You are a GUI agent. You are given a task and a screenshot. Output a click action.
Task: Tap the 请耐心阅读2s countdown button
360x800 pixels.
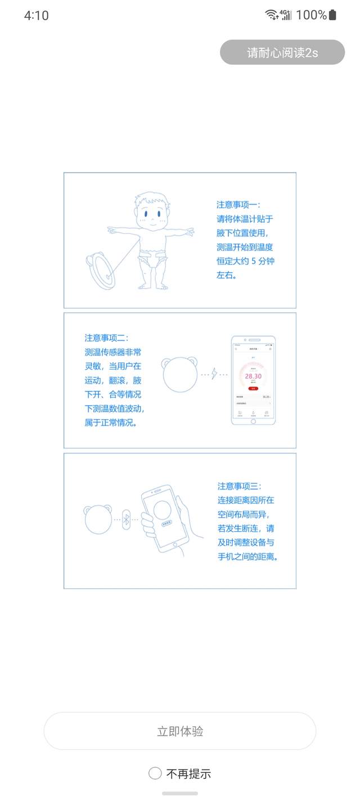[282, 52]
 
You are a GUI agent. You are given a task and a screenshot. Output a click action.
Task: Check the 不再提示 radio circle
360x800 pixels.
[155, 774]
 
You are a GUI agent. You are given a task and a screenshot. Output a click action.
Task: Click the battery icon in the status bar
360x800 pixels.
[333, 15]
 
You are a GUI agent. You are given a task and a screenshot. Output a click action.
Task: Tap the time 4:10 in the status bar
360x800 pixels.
[37, 16]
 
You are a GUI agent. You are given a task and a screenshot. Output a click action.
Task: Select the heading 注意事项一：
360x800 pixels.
[238, 205]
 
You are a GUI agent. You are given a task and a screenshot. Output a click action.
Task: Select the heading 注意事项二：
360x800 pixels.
[106, 338]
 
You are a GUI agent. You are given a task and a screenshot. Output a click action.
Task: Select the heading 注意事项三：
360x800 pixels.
[240, 486]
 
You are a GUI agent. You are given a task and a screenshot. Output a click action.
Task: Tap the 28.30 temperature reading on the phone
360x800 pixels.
[253, 376]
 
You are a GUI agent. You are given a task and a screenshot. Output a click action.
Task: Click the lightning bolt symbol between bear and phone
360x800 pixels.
[214, 374]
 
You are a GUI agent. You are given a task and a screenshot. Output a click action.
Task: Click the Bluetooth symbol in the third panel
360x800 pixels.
[127, 519]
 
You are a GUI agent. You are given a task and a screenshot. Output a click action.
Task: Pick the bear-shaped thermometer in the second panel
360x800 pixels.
[180, 374]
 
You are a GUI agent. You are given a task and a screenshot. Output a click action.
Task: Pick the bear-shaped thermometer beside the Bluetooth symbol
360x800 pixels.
[98, 519]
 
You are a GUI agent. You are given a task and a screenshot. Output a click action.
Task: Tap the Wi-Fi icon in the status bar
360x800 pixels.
[272, 15]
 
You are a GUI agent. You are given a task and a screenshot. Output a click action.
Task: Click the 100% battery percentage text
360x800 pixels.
[311, 15]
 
